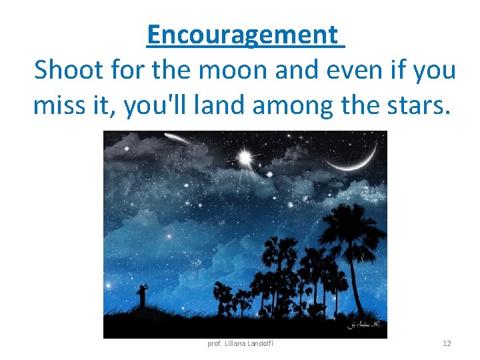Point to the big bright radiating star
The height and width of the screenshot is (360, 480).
pyautogui.click(x=245, y=157)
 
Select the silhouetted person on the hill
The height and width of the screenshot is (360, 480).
pyautogui.click(x=141, y=295)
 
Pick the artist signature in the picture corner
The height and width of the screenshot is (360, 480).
pyautogui.click(x=363, y=325)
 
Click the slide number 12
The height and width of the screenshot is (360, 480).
pyautogui.click(x=447, y=343)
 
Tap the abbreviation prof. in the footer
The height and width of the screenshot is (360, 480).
pyautogui.click(x=215, y=343)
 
